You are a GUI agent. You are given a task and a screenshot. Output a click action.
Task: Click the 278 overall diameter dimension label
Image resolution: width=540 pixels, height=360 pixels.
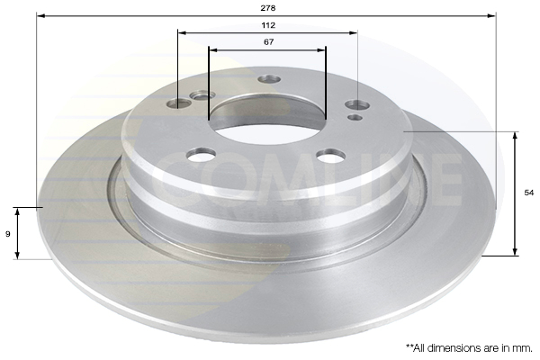[x=268, y=8]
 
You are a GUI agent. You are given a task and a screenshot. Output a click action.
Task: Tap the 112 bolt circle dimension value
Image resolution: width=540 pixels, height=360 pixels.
[x=268, y=25]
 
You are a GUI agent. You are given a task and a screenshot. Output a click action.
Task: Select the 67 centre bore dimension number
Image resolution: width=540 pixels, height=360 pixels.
[x=268, y=41]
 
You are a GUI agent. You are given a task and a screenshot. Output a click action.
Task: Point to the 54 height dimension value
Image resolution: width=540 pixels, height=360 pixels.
[x=528, y=193]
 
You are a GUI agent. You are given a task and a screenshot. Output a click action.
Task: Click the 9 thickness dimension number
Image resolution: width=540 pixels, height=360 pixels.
[x=8, y=234]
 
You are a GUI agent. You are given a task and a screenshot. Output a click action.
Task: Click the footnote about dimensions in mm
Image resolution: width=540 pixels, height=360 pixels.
[x=469, y=348]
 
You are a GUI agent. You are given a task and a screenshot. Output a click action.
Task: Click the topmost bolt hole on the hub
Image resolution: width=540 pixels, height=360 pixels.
[x=269, y=79]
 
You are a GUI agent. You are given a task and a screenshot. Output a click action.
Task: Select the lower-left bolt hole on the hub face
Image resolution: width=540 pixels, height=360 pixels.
[x=202, y=154]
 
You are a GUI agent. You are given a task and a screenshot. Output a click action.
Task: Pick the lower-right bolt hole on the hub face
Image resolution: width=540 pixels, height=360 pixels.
[x=331, y=155]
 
